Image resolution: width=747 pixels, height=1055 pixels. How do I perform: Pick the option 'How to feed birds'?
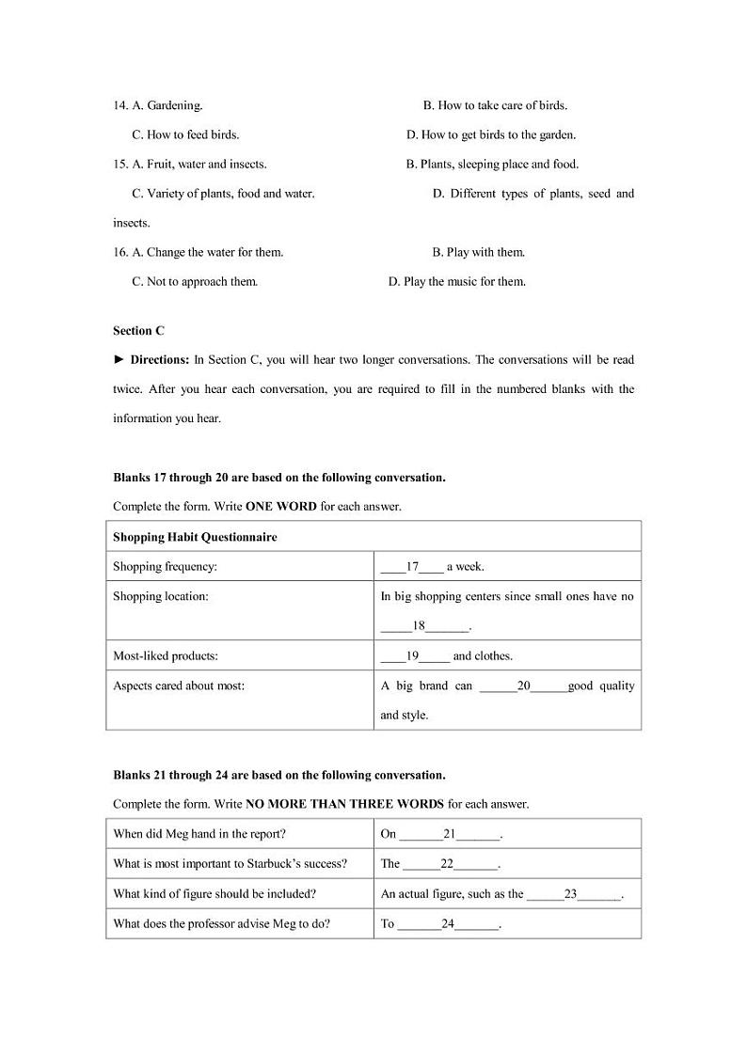[x=185, y=134]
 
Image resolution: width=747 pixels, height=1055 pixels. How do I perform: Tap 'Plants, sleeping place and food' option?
[x=492, y=164]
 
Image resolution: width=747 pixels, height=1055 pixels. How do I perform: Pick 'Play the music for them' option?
[x=457, y=281]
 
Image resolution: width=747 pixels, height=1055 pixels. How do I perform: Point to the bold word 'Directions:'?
[x=160, y=359]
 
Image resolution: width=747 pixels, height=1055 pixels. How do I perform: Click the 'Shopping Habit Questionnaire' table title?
[x=195, y=537]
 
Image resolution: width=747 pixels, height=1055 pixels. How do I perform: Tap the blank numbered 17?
[x=411, y=567]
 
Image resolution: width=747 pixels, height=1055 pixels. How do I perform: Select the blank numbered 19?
[x=414, y=655]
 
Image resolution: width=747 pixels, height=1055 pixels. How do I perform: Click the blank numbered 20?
[x=523, y=685]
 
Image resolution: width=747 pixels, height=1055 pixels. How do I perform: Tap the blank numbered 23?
[x=573, y=894]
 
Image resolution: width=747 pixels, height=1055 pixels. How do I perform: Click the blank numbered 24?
[x=448, y=923]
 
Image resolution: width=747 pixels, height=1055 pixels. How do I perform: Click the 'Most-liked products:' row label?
[x=165, y=655]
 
